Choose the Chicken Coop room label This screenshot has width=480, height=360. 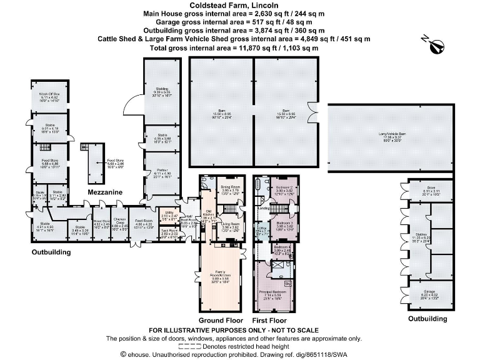point(120,221)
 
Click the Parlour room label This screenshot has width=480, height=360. point(162,172)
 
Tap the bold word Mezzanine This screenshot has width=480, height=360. point(104,191)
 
